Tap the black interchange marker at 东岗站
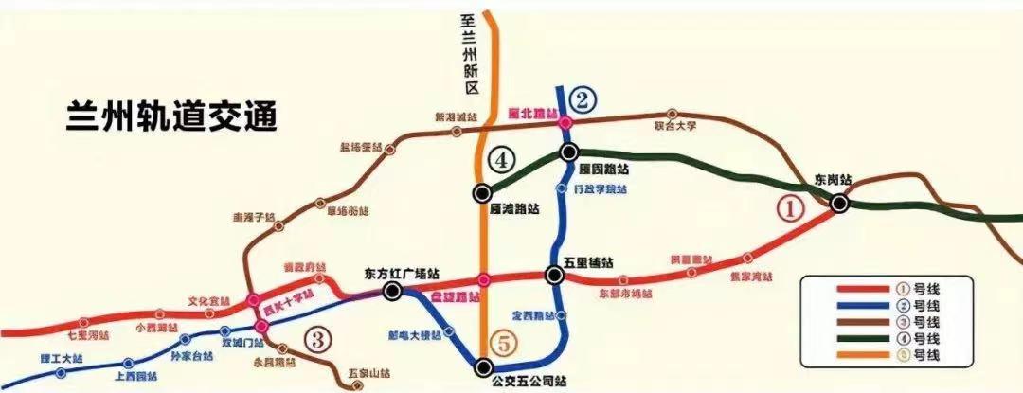pos(839,202)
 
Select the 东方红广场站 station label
pos(402,274)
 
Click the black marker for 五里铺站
pos(553,275)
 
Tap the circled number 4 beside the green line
pos(502,160)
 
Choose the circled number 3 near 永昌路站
pos(319,337)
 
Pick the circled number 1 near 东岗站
pos(790,208)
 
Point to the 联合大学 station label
pos(675,124)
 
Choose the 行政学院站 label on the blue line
pos(601,189)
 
